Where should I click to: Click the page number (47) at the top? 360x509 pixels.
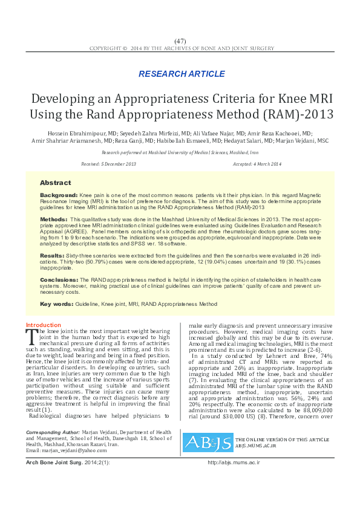pyautogui.click(x=180, y=40)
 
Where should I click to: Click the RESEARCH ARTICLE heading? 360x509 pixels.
pyautogui.click(x=182, y=74)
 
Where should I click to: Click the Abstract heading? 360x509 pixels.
pyautogui.click(x=55, y=183)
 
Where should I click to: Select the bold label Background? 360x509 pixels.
pyautogui.click(x=59, y=196)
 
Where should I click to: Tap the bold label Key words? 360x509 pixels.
pyautogui.click(x=56, y=303)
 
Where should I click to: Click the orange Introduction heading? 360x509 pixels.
pyautogui.click(x=44, y=325)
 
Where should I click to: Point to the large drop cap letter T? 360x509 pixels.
pyautogui.click(x=32, y=336)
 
